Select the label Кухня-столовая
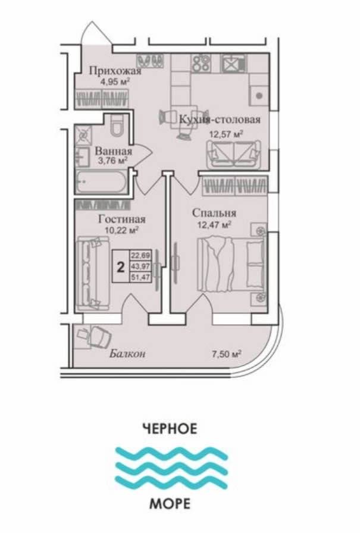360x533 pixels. click(220, 120)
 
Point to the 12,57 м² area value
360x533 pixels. click(225, 134)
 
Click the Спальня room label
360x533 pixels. click(214, 213)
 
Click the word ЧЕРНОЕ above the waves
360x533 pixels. click(170, 428)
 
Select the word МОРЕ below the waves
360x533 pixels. click(170, 505)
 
